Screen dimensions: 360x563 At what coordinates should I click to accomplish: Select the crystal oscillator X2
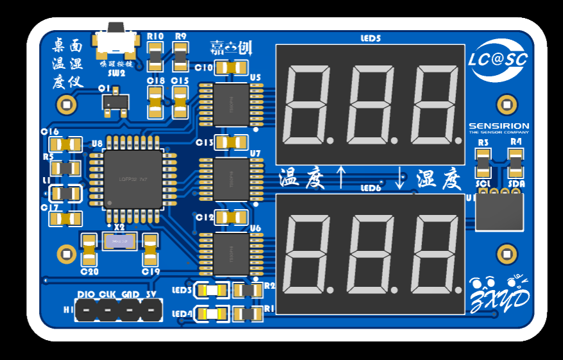point(119,241)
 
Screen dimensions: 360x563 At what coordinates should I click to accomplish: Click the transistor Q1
point(115,101)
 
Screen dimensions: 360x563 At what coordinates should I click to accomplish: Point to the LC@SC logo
point(498,60)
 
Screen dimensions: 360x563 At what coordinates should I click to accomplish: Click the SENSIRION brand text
point(499,127)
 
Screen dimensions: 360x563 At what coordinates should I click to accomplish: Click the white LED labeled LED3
point(212,291)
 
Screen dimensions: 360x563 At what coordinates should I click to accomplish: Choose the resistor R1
point(246,314)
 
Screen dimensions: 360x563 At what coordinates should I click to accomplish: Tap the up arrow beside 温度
point(341,177)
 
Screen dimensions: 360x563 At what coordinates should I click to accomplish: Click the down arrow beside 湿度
point(401,178)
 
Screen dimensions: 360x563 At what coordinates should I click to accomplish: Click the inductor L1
point(65,193)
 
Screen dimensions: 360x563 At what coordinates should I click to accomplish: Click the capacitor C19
point(150,250)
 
